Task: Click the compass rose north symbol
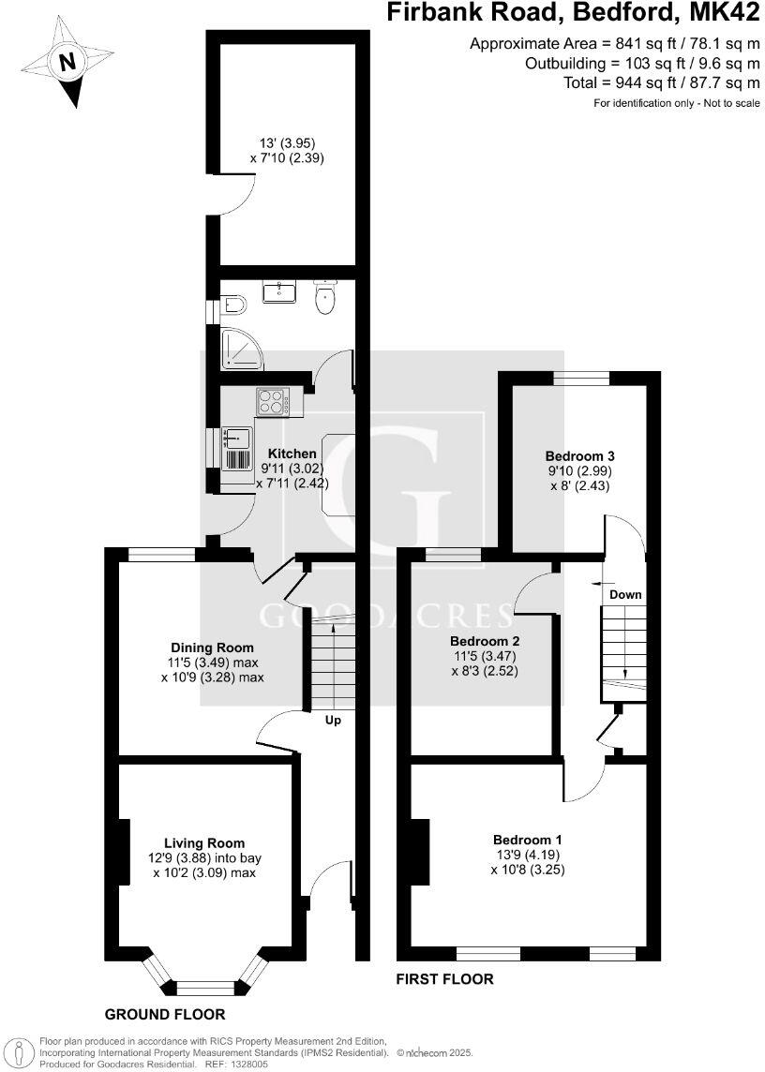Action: click(x=66, y=63)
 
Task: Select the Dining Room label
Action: click(x=212, y=648)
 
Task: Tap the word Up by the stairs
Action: click(x=333, y=721)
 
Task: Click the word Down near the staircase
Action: click(x=625, y=595)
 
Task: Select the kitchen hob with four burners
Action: click(x=272, y=403)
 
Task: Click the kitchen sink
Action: click(x=236, y=439)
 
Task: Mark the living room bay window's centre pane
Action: click(x=204, y=986)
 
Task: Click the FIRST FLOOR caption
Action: click(x=445, y=979)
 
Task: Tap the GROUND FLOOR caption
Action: click(x=164, y=1014)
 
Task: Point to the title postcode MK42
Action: click(x=726, y=13)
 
